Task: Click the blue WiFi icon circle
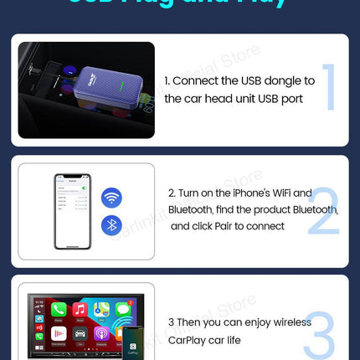coord(111,198)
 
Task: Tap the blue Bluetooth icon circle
coord(111,224)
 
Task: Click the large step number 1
coord(329,87)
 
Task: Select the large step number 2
coord(322,208)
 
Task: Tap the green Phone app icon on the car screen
coord(59,311)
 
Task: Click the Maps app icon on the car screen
coord(102,311)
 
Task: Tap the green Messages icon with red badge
coord(122,311)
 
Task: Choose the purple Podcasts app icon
coord(102,334)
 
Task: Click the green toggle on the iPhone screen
coord(84,192)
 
